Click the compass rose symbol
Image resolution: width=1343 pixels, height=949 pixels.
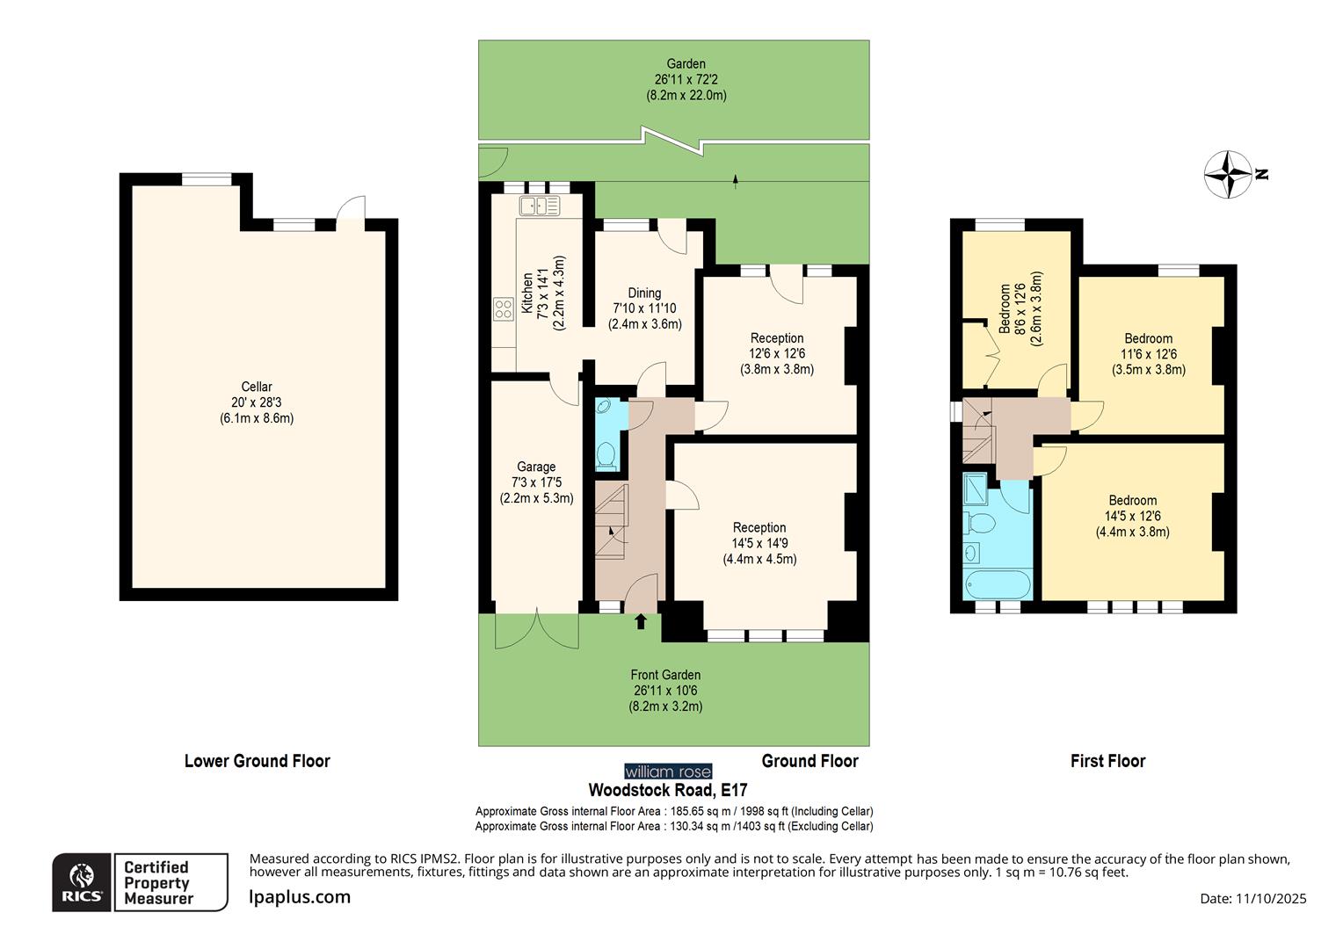coord(1227,174)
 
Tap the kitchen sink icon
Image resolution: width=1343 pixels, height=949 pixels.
coord(539,206)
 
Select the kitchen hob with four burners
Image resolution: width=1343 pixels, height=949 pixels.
coord(504,308)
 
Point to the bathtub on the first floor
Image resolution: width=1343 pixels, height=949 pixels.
coord(998,584)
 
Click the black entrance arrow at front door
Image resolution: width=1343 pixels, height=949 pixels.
coord(641,621)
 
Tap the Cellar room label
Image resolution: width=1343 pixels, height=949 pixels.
coord(257,387)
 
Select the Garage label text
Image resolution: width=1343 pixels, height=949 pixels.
coord(535,467)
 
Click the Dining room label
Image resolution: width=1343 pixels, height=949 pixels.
coord(644,293)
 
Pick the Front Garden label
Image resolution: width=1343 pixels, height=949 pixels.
coord(665,675)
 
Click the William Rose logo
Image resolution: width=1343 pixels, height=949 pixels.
coord(668,772)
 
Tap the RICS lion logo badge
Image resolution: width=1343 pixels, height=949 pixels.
coord(82,882)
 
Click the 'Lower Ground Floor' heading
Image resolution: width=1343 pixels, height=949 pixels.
coord(257,761)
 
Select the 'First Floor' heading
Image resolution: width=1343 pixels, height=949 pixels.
coord(1107,761)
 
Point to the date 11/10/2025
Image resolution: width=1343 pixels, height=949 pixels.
coord(1271,898)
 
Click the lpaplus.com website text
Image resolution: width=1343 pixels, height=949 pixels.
coord(300,897)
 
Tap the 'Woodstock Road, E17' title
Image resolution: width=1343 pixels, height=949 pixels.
coord(667,790)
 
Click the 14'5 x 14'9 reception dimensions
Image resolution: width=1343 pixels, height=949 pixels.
coord(759,543)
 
